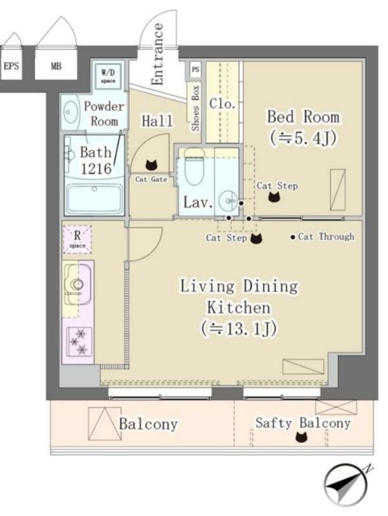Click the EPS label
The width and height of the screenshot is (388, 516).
pos(11,66)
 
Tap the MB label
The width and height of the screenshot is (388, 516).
pos(56,66)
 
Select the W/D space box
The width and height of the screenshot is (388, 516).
pos(108,76)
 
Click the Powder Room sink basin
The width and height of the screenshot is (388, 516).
pos(70,112)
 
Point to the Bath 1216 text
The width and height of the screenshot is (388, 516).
pos(96,160)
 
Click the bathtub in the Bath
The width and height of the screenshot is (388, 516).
pos(94,199)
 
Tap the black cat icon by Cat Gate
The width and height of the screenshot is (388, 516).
pos(151,164)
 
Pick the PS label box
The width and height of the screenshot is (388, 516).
pos(195,69)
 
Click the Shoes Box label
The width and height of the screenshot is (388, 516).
pos(195,108)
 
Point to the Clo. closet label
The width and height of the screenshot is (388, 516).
pos(223,104)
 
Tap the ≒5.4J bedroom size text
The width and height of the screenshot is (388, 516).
pos(303,138)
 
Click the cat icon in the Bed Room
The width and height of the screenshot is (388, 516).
pos(274,197)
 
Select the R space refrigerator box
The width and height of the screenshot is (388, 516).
pos(77,239)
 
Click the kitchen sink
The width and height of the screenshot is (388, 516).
pos(77,284)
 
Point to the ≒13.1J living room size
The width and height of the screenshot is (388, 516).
pos(239,328)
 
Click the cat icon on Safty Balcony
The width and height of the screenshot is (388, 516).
pos(301,437)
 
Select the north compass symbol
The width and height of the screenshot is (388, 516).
pos(345,485)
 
